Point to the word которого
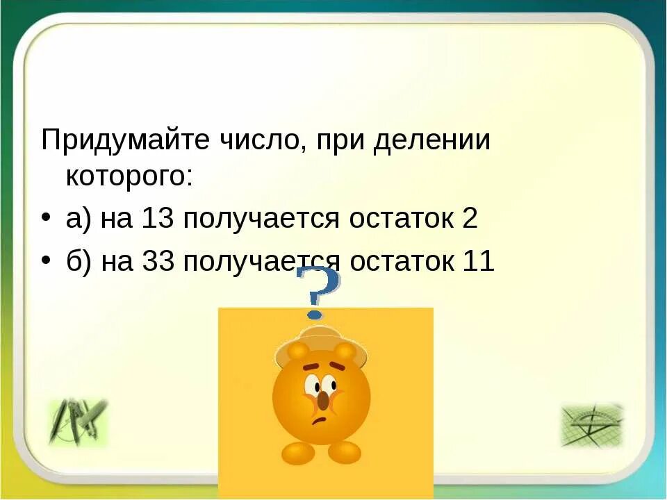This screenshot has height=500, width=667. (x=129, y=176)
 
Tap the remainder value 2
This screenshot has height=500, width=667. (x=469, y=219)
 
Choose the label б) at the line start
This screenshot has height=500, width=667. (x=79, y=262)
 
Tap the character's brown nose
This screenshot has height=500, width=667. (x=323, y=399)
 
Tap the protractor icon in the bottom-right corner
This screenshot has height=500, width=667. (x=591, y=424)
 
